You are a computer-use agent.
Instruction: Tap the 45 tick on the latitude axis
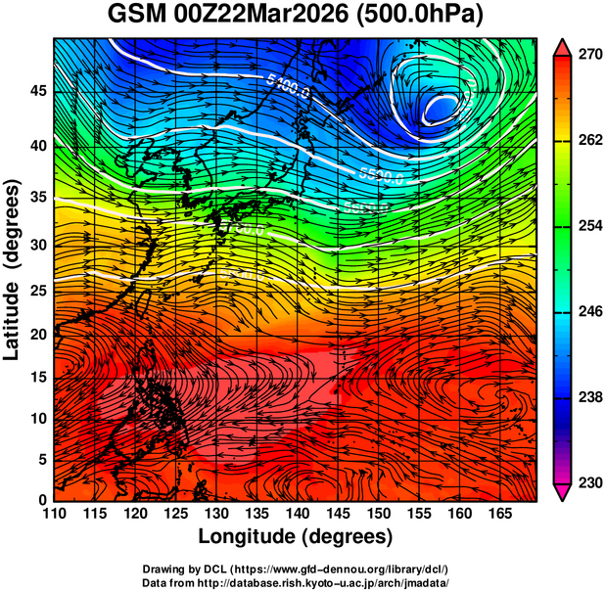click(x=38, y=92)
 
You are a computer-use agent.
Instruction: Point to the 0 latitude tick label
click(x=44, y=500)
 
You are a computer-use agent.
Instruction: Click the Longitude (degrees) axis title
click(x=296, y=537)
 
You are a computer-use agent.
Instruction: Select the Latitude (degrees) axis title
click(x=13, y=272)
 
